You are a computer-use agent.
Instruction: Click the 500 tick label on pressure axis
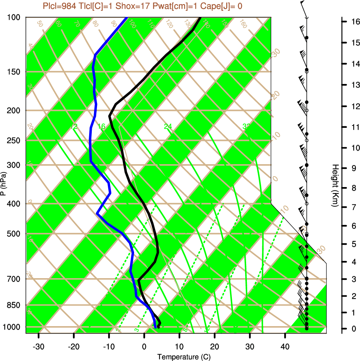[x=13, y=234]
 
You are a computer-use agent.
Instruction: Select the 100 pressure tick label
[x=13, y=17]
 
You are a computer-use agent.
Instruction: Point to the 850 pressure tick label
[x=13, y=305]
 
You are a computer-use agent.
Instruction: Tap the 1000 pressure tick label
[x=12, y=327]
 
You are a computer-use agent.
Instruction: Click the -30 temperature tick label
[x=39, y=346]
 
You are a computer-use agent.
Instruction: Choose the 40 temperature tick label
[x=285, y=346]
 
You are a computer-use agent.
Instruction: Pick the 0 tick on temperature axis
[x=144, y=346]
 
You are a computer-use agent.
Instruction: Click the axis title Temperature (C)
[x=181, y=357]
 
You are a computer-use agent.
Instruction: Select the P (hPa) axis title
[x=3, y=184]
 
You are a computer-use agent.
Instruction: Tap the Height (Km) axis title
[x=335, y=186]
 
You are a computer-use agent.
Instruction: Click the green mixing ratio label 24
[x=168, y=127]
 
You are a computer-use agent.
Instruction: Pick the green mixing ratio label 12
[x=74, y=127]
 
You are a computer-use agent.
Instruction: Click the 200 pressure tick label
[x=13, y=111]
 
